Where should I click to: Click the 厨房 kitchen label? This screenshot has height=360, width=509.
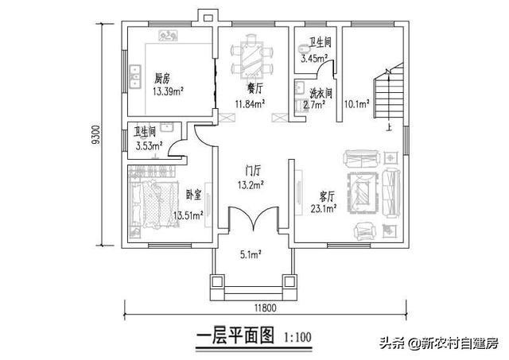[x=162, y=79]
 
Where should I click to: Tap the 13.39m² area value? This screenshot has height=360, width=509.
[x=168, y=91]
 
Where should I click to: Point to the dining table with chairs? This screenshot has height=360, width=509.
[x=251, y=56]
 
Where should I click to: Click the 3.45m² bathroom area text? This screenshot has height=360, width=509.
[x=314, y=58]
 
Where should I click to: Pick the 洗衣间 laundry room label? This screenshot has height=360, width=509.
[x=321, y=94]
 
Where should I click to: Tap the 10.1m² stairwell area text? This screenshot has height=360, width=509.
[x=356, y=104]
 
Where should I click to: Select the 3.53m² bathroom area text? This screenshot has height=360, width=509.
[x=149, y=146]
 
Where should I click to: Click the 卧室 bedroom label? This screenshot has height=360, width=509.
[x=194, y=195]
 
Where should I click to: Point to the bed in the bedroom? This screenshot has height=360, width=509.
[x=154, y=205]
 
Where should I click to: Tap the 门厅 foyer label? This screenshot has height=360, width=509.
[x=253, y=171]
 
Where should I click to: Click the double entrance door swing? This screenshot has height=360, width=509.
[x=253, y=219]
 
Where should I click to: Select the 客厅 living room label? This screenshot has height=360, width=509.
[x=327, y=196]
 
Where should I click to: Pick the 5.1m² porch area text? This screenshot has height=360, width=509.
[x=251, y=255]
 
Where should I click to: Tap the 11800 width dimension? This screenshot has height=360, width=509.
[x=265, y=308]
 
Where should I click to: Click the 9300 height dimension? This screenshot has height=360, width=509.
[x=96, y=134]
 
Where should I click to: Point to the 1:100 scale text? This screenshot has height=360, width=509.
[x=297, y=337]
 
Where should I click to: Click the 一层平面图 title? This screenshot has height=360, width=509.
[x=235, y=335]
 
